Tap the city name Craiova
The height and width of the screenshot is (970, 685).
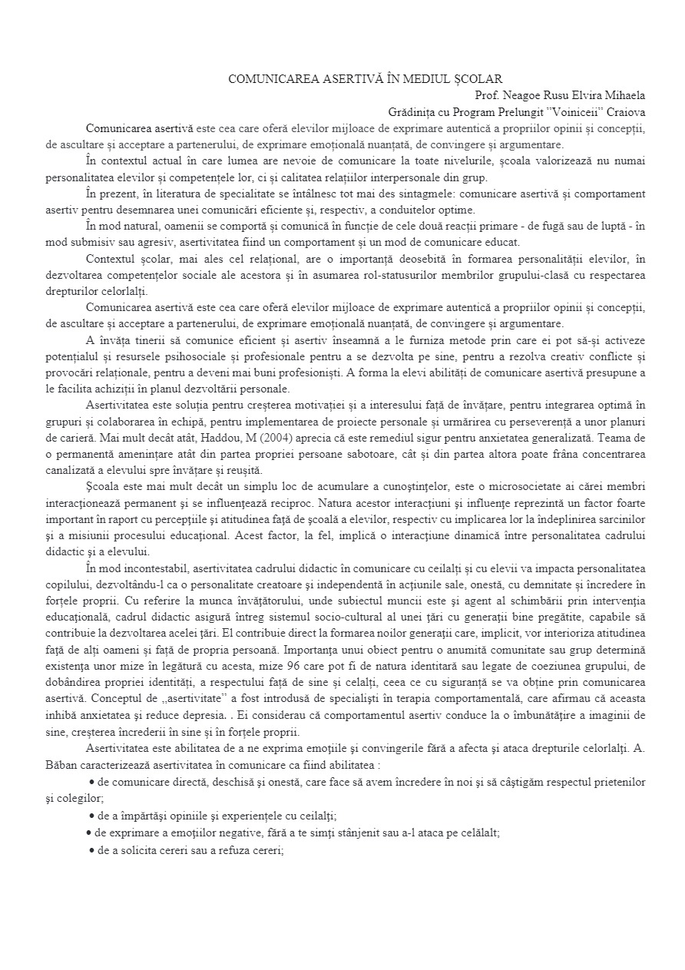click(x=625, y=111)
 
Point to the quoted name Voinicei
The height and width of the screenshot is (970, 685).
click(x=573, y=111)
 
